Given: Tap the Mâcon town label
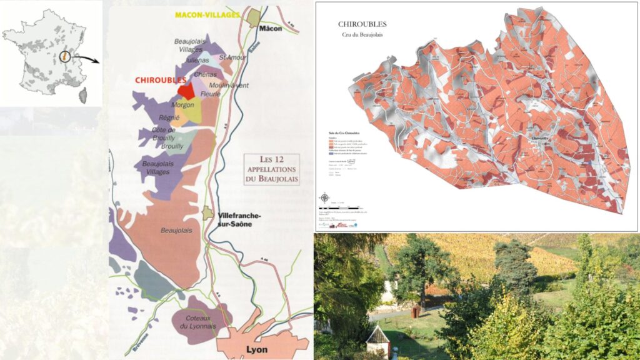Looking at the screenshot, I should [x=271, y=29].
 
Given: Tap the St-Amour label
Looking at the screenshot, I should [x=229, y=57].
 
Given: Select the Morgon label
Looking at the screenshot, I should [x=182, y=105].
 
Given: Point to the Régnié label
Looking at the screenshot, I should [x=169, y=117].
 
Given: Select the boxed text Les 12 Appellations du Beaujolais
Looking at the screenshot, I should [x=271, y=169].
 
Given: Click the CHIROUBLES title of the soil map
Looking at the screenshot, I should [x=362, y=24].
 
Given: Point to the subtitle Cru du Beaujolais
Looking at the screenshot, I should [x=361, y=34].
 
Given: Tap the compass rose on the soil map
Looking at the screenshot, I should [x=324, y=199].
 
